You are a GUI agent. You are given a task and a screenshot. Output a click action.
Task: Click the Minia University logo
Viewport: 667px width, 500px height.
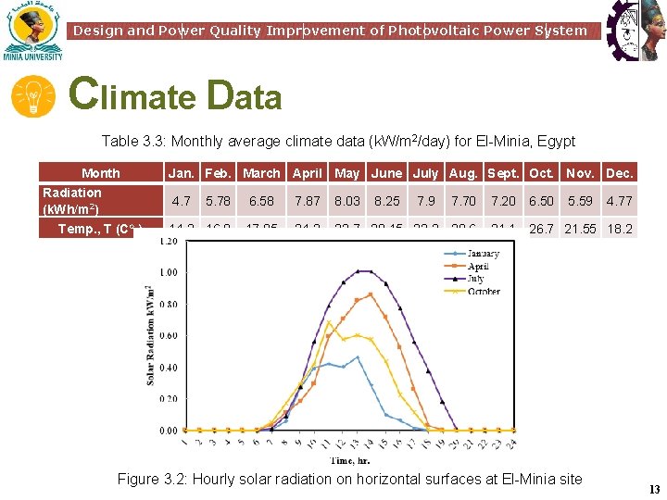tap(32, 31)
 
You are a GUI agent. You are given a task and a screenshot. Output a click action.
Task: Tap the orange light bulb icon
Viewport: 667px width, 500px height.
tap(33, 97)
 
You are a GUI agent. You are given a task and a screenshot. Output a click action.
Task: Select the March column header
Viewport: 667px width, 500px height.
tap(261, 173)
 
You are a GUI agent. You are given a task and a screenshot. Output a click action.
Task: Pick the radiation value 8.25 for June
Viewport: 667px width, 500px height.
tap(386, 200)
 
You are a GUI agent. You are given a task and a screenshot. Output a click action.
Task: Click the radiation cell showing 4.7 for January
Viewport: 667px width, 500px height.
tap(182, 200)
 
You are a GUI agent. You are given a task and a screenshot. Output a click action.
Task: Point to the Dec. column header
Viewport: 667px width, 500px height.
tap(619, 173)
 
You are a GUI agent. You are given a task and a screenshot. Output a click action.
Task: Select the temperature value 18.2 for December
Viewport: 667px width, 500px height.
tap(619, 229)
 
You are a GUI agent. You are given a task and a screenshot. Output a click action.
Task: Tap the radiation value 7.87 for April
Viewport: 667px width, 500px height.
tap(307, 200)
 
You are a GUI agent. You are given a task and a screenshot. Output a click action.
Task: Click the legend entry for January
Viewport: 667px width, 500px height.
tap(482, 254)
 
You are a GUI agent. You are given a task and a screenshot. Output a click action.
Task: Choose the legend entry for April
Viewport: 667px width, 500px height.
tap(477, 267)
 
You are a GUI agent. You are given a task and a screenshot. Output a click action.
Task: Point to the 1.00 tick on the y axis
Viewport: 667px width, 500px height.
tap(168, 273)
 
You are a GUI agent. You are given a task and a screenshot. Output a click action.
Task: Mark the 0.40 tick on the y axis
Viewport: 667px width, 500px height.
tap(168, 368)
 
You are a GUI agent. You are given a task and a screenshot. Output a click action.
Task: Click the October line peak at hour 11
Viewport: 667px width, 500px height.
tap(329, 322)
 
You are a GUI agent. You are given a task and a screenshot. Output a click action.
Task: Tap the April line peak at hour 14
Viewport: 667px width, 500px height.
tap(371, 294)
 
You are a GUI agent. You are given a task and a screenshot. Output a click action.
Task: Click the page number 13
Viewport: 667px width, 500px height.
tap(654, 490)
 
